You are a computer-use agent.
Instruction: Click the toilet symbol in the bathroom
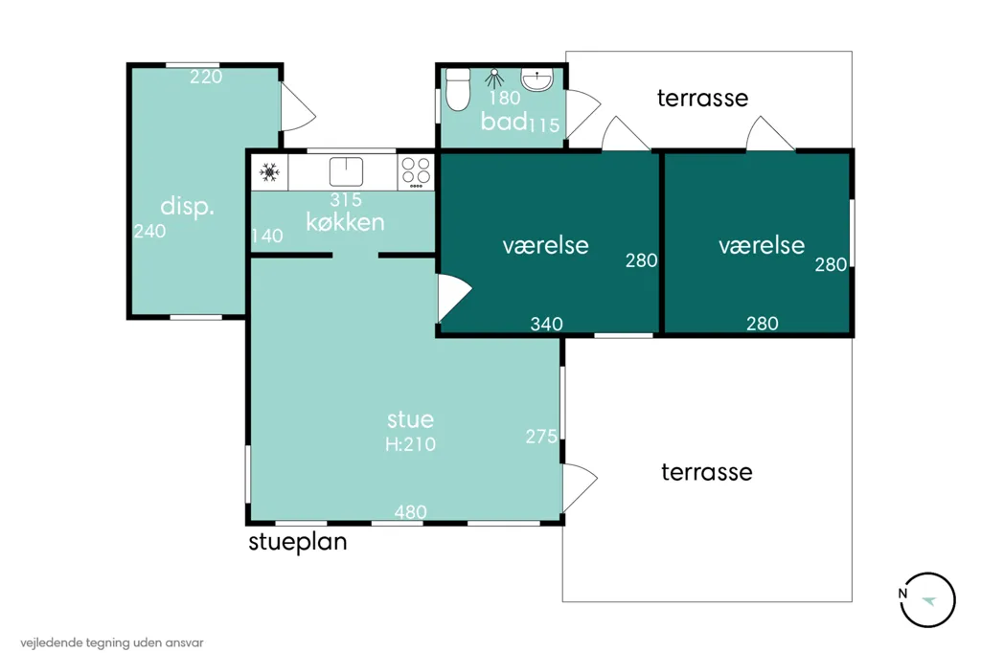[x=458, y=90]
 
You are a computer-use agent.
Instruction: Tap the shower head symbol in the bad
[x=494, y=79]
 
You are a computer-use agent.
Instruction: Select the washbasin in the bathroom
[x=536, y=80]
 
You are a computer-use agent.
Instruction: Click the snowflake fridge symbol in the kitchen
[x=269, y=172]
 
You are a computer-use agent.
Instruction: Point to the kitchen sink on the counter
[x=346, y=171]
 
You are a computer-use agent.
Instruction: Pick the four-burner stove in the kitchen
[x=416, y=172]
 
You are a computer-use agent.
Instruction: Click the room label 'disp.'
[x=187, y=206]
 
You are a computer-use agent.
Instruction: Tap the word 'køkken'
[x=345, y=222]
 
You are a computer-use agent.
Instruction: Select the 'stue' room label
[x=410, y=419]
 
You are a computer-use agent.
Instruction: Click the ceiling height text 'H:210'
[x=410, y=444]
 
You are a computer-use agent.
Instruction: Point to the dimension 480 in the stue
[x=410, y=512]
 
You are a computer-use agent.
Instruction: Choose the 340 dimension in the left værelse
[x=546, y=324]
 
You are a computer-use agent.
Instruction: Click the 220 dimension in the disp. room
[x=206, y=77]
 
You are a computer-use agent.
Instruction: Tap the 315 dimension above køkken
[x=346, y=199]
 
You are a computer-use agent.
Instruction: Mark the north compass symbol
[x=927, y=599]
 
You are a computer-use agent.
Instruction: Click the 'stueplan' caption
[x=298, y=542]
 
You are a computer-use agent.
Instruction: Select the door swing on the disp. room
[x=298, y=107]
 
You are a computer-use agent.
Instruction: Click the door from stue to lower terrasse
[x=580, y=488]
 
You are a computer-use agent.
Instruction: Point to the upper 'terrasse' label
[x=702, y=99]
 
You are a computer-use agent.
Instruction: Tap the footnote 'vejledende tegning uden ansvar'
[x=112, y=643]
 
